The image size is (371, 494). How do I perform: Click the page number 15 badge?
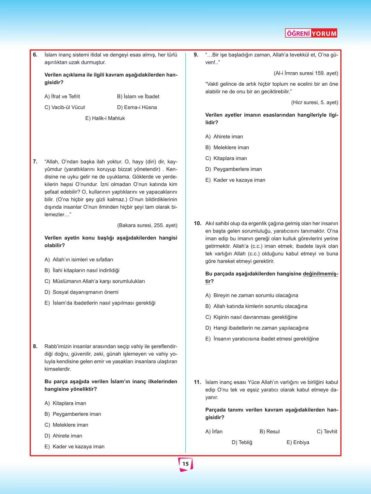[x=185, y=464]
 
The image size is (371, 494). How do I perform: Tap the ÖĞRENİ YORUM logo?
[x=311, y=33]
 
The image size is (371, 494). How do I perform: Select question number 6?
[x=35, y=55]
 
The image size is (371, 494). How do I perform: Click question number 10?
[x=198, y=223]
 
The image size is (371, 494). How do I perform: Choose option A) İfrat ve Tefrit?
[x=62, y=96]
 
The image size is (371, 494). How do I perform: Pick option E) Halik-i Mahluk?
[x=105, y=118]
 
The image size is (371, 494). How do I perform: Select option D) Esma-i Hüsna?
[x=137, y=108]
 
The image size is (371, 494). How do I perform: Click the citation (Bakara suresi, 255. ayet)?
[x=147, y=225]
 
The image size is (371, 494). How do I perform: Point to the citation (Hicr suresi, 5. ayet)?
[x=315, y=103]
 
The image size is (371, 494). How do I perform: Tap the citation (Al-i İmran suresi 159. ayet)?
[x=306, y=73]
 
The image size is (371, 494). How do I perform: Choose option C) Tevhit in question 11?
[x=327, y=432]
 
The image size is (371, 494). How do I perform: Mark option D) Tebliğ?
[x=242, y=443]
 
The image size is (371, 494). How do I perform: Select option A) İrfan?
[x=214, y=432]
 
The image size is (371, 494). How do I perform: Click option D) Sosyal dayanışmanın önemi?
[x=81, y=292]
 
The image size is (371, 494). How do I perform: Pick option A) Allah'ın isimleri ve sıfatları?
[x=79, y=260]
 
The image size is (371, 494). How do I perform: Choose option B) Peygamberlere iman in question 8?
[x=73, y=414]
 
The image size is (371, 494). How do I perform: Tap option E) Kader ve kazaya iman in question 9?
[x=235, y=180]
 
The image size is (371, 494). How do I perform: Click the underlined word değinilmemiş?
[x=320, y=274]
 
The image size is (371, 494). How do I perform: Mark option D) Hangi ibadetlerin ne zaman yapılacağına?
[x=257, y=328]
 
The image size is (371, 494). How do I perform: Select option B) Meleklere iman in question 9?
[x=227, y=148]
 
